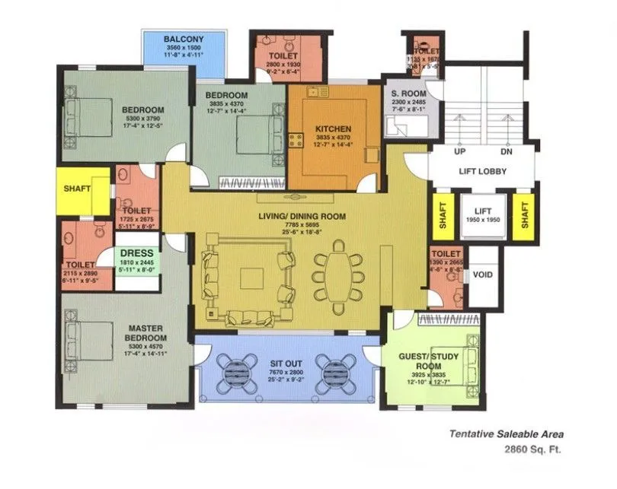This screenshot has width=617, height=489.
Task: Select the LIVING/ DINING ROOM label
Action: coord(302,217)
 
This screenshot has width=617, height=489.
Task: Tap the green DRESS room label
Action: coord(138,253)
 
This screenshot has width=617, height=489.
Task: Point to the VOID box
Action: coord(482,275)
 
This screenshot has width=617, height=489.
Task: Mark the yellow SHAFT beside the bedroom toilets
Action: coord(76,189)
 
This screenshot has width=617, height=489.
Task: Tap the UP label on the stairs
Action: coord(459,151)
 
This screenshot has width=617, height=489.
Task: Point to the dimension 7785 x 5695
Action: coord(302,226)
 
